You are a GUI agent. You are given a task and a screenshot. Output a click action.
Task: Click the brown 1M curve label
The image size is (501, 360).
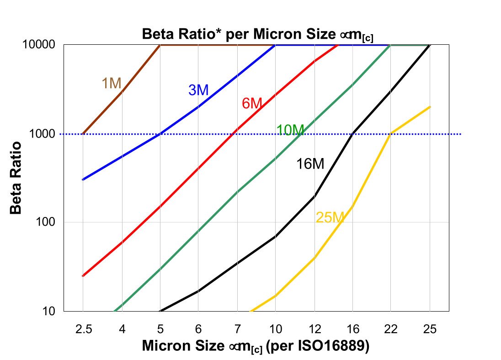(x=111, y=83)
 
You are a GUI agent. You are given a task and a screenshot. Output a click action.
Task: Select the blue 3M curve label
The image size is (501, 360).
(x=198, y=90)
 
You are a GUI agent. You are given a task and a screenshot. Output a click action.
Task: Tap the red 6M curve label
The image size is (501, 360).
(x=251, y=104)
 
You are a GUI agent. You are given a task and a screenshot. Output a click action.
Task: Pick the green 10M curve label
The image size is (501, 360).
(x=290, y=130)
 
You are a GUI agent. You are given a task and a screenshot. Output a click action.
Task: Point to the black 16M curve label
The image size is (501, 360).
(x=310, y=164)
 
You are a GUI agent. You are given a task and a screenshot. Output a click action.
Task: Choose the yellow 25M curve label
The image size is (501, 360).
(x=329, y=217)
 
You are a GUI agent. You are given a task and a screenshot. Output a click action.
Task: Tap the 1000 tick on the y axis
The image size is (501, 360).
(x=43, y=134)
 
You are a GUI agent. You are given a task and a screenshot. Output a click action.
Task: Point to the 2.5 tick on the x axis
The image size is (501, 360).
(x=83, y=329)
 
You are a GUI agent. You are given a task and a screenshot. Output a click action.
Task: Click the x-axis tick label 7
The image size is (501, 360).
(x=237, y=329)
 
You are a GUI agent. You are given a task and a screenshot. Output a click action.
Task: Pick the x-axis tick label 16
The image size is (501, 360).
(x=352, y=329)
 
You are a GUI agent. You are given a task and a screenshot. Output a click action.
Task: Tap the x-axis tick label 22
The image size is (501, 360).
(x=391, y=329)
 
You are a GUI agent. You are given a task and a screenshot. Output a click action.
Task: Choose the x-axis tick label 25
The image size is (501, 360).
(x=429, y=329)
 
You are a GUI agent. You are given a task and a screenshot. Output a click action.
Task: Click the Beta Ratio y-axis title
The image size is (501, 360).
(x=16, y=178)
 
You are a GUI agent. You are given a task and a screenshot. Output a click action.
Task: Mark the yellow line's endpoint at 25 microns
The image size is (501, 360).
(x=430, y=106)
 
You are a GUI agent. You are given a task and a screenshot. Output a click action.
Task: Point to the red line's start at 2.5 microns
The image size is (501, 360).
(x=83, y=276)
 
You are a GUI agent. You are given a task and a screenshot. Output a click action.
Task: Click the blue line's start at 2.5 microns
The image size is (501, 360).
(x=83, y=180)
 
